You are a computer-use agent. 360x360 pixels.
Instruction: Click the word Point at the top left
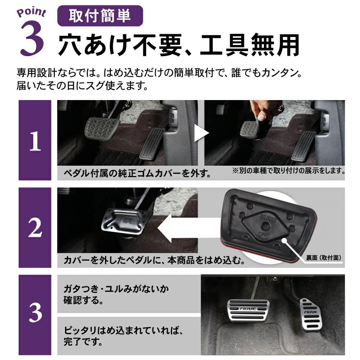point(31,12)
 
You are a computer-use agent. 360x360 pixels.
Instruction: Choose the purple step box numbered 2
point(35,228)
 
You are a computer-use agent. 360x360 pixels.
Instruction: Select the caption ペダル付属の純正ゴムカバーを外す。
point(137,174)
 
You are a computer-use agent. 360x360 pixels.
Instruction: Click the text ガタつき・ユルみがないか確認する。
point(116,294)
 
